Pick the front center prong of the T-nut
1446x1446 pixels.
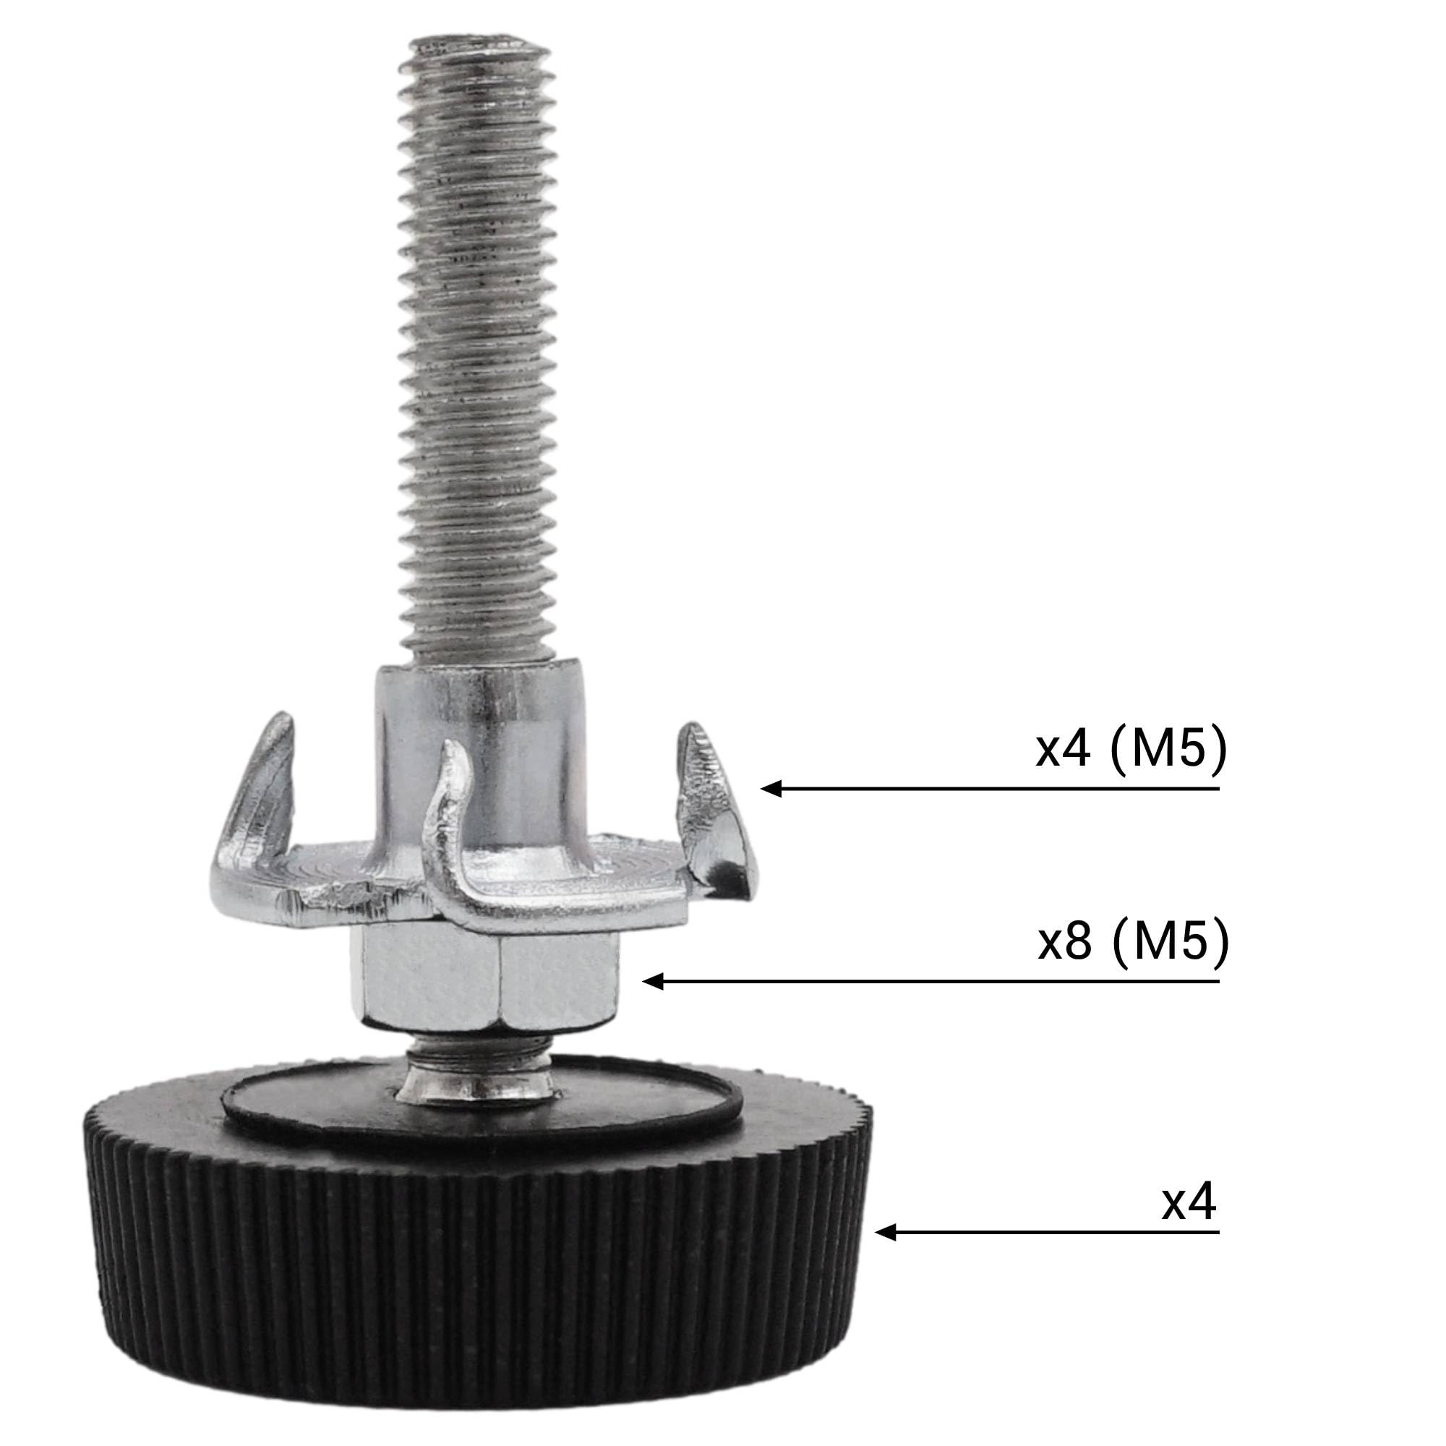pyautogui.click(x=449, y=838)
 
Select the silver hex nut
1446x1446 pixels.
pyautogui.click(x=484, y=981)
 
